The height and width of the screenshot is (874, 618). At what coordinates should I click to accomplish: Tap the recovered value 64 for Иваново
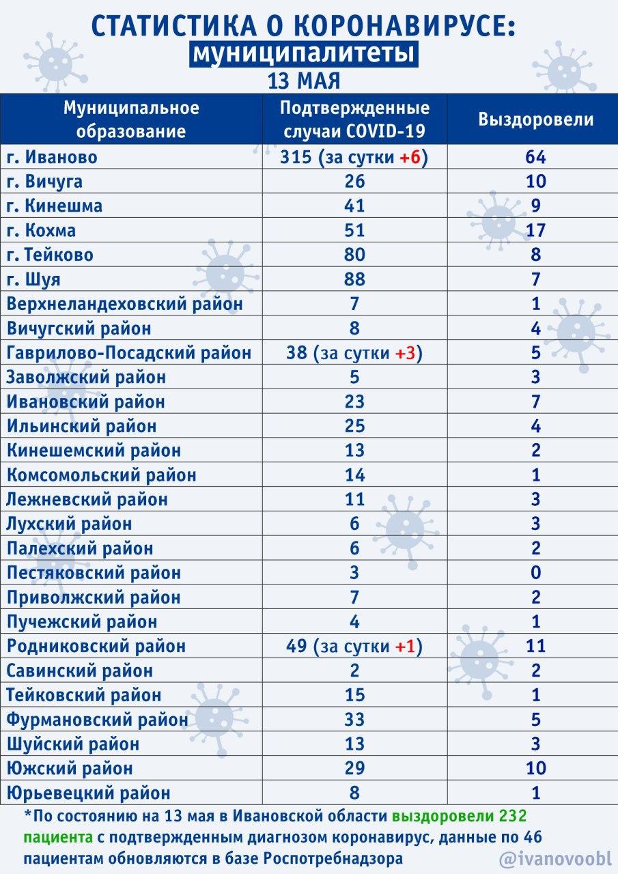coord(535,157)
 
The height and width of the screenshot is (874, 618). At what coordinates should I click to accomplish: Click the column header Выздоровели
coord(535,119)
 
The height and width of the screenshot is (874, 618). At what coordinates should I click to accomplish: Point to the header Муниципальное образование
coord(131,119)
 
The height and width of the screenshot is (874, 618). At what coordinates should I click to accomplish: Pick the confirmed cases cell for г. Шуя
coord(355,279)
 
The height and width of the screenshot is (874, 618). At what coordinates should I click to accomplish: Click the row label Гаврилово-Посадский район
coord(129,353)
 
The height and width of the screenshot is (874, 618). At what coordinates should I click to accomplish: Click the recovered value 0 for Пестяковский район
coord(535,572)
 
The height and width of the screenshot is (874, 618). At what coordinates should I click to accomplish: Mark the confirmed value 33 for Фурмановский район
coord(355,719)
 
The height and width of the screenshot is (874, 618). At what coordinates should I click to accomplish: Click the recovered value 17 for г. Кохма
coord(535,230)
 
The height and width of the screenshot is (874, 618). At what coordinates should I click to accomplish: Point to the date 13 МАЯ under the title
coord(304,81)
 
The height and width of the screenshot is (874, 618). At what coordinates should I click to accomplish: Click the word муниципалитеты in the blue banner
coord(304,55)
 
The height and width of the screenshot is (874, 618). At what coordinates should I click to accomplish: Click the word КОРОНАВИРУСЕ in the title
coord(384,25)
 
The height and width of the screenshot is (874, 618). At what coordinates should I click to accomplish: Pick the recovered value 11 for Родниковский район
coord(535,646)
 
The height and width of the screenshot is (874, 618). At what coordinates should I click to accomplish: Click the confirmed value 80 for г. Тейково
coord(355,255)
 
